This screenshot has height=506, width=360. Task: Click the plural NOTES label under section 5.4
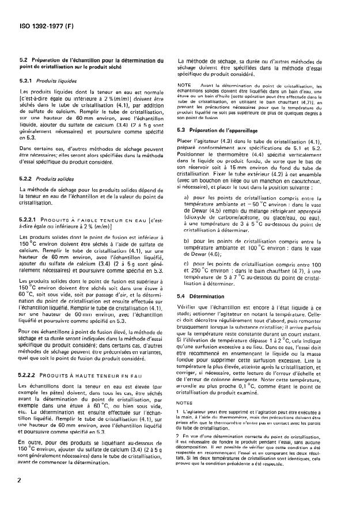[186, 420]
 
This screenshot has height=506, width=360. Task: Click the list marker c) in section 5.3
[188, 263]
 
